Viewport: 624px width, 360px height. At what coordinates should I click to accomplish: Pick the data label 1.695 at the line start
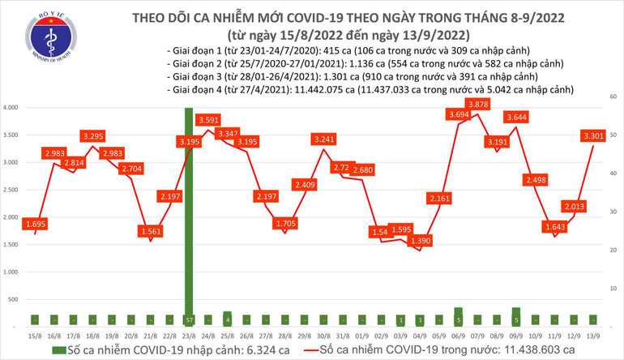click(34, 223)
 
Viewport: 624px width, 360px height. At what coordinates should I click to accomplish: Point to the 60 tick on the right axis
click(615, 96)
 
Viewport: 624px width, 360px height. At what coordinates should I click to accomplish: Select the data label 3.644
click(516, 117)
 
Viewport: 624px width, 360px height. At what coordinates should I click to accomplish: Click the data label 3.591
click(207, 120)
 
